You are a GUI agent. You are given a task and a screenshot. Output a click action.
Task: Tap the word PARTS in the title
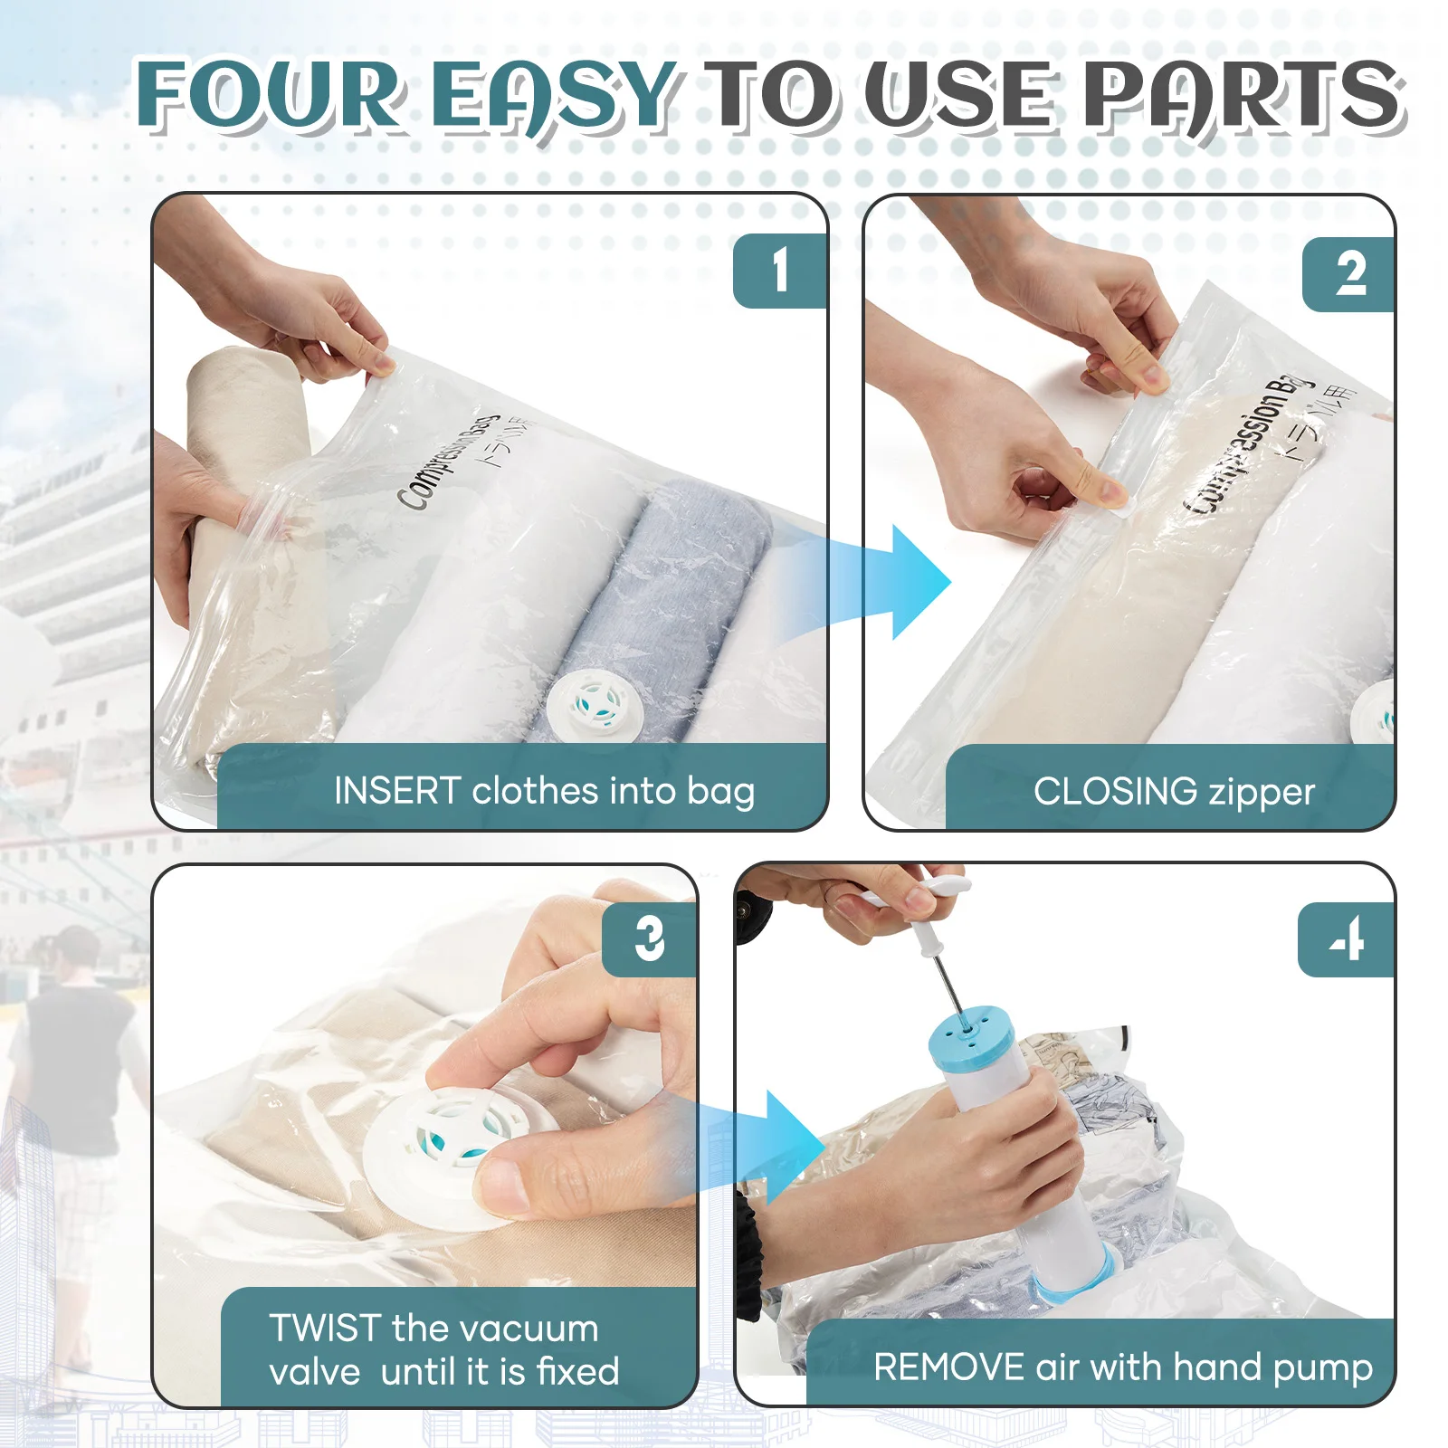(x=1243, y=95)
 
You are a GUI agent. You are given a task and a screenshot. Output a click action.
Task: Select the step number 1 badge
(x=780, y=271)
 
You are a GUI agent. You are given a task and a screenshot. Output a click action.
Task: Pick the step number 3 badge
(x=649, y=939)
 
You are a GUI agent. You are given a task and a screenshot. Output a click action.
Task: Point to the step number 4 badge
(x=1347, y=939)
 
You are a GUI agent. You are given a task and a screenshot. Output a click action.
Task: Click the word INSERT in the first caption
(x=397, y=791)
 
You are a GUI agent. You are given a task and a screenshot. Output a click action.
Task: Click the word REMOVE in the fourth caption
(x=948, y=1367)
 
